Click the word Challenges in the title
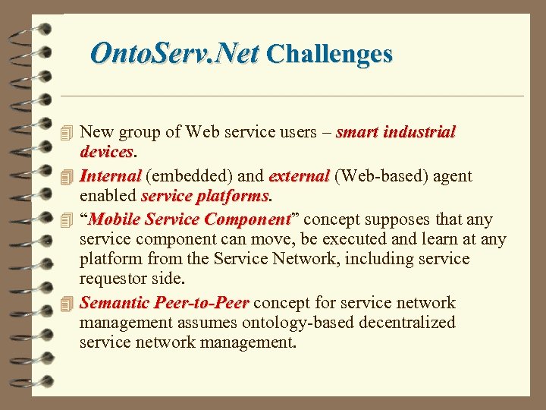330,54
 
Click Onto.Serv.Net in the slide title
174,54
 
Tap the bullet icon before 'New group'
67,133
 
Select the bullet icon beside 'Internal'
67,177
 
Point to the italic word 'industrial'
419,132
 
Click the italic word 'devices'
106,152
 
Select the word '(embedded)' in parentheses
189,176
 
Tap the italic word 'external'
299,176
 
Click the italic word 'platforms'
234,196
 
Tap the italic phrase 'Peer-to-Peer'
201,303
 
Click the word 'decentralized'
401,323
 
